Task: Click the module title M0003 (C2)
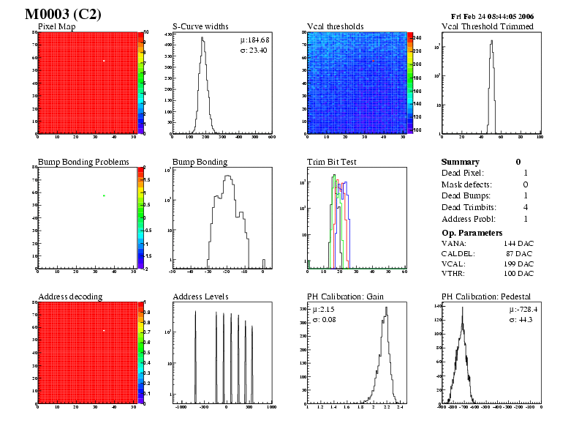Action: pos(63,15)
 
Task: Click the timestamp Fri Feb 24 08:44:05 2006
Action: pos(493,16)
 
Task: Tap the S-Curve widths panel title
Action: pos(201,26)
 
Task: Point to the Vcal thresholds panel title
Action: pos(336,26)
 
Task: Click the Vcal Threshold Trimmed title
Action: pos(488,26)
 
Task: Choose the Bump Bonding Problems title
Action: pos(83,161)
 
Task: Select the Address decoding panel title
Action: pos(70,296)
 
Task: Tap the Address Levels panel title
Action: pos(201,296)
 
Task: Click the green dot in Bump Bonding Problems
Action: pos(104,195)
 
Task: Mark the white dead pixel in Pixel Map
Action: pos(104,61)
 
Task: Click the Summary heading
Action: pos(461,162)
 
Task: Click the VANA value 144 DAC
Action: pos(518,242)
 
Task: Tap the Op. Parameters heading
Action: pos(473,232)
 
